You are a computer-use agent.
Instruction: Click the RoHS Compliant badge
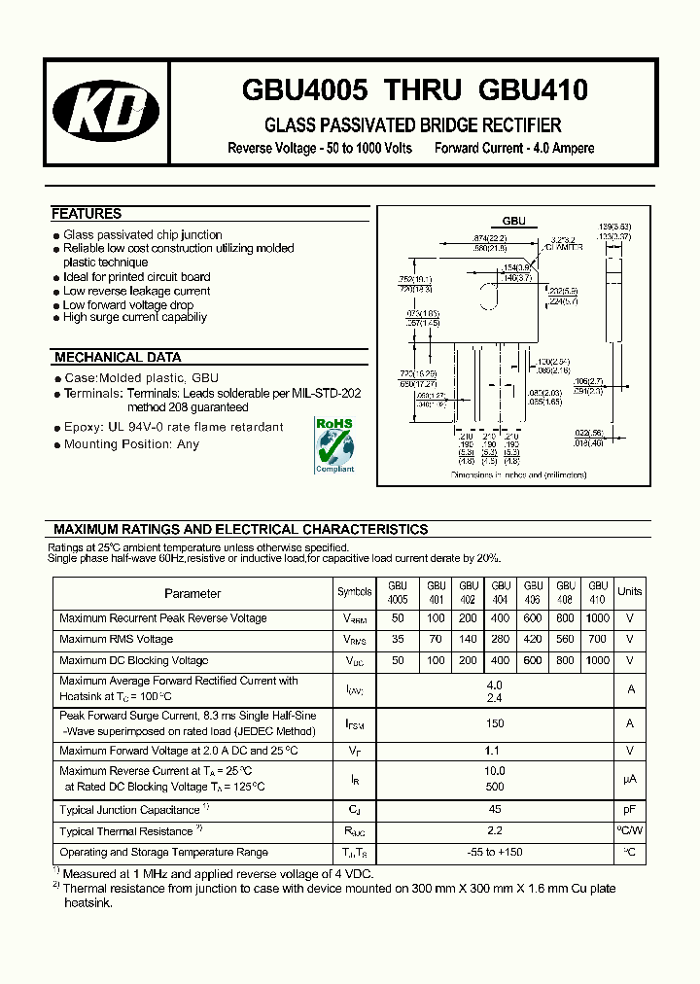334,444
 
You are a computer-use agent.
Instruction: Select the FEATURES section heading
87,214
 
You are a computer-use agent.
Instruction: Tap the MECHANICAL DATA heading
118,358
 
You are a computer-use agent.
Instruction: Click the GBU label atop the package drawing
513,221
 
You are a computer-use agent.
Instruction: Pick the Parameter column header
192,593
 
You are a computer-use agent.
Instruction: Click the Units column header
630,591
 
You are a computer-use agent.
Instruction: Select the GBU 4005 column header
398,593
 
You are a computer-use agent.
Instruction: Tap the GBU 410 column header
598,593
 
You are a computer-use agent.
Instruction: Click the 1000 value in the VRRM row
598,618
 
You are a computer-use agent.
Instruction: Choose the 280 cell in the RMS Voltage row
501,640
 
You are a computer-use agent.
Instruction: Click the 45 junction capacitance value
495,810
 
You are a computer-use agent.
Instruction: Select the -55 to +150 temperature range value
495,853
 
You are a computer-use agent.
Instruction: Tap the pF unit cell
630,810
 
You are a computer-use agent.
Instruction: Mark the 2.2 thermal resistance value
495,831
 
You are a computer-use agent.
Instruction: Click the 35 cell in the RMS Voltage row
398,640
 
